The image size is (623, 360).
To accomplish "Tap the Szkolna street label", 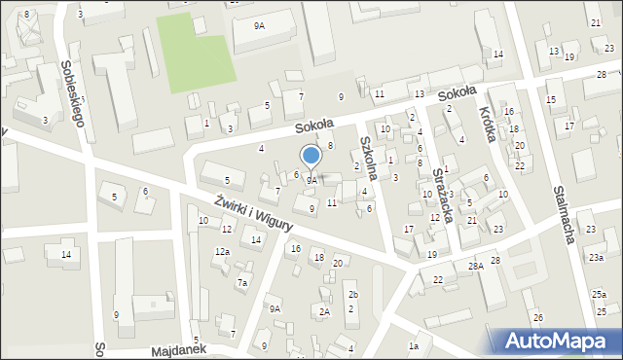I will pos(370,153).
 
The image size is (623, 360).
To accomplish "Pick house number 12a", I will pos(222,252).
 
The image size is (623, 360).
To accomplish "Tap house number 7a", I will pos(242,283).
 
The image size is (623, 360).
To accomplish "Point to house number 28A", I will pos(475,266).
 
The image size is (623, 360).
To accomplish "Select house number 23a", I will pos(595,257).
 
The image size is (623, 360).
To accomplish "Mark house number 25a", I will pos(599,294).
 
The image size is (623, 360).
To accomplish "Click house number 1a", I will pos(414,345).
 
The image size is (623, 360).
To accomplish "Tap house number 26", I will pos(537,318).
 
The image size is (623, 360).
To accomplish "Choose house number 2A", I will pos(325,311).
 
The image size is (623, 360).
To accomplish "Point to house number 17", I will pos(409,229).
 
